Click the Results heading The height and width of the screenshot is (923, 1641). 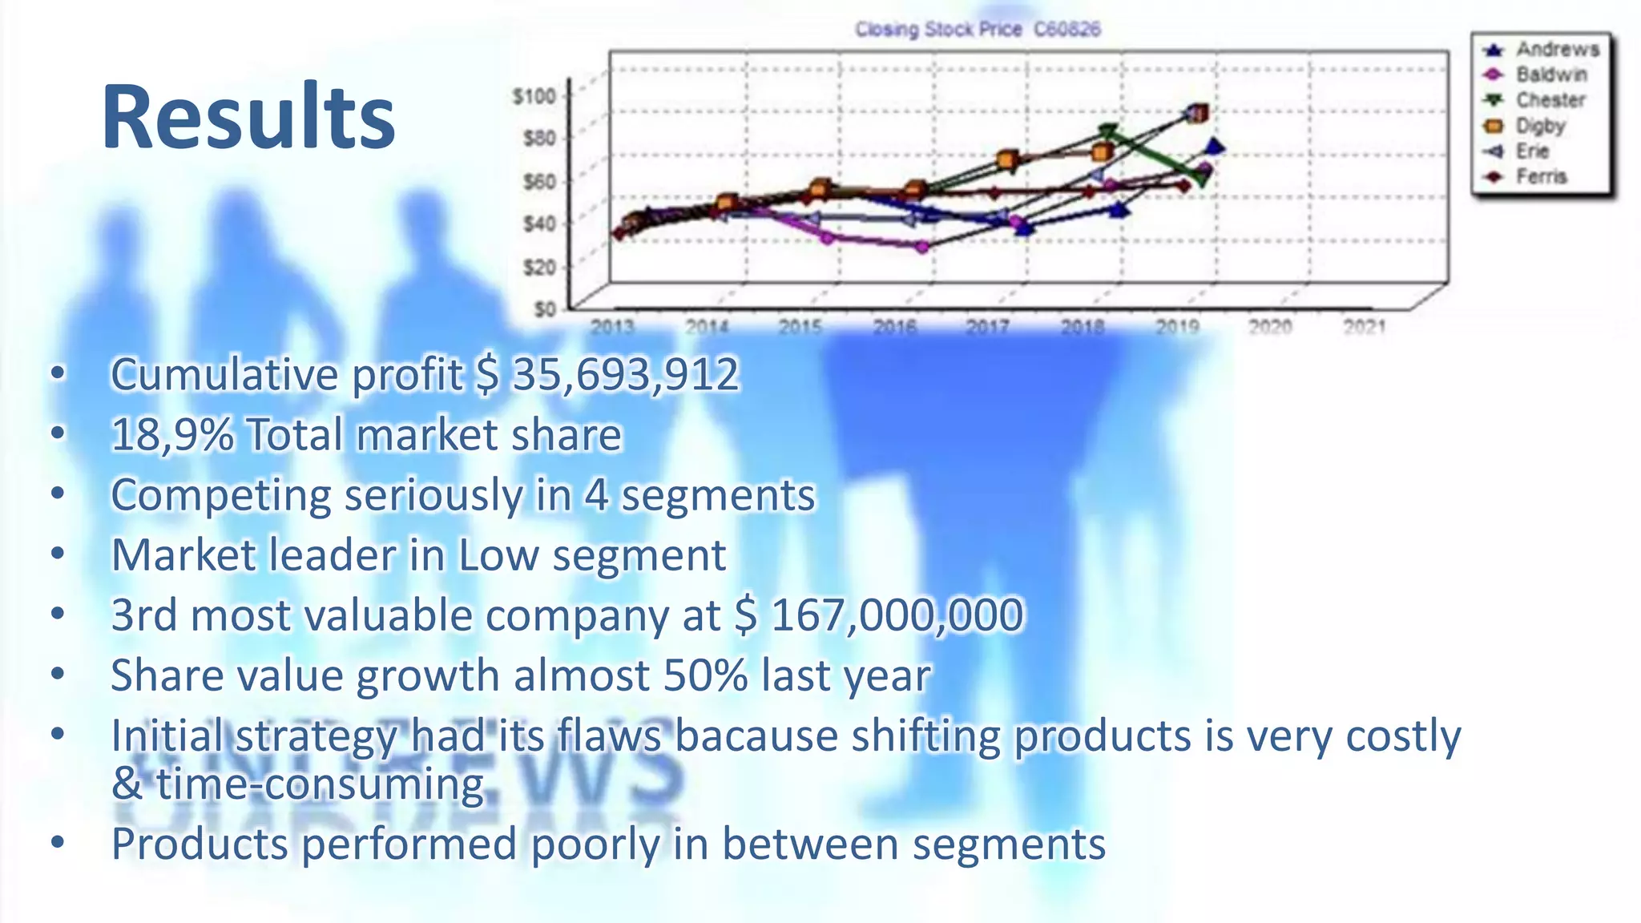click(x=248, y=118)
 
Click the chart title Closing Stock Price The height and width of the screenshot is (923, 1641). click(x=937, y=30)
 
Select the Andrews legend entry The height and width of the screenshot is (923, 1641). click(x=1557, y=50)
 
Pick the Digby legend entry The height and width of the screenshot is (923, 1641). click(x=1539, y=126)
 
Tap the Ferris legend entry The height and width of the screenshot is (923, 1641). click(x=1540, y=177)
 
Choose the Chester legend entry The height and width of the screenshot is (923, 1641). click(x=1550, y=100)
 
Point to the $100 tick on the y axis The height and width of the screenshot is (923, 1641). click(x=534, y=97)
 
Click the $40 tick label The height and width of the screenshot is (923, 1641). click(x=538, y=224)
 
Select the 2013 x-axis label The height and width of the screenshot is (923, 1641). click(x=612, y=327)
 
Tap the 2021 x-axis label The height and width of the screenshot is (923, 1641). click(x=1364, y=327)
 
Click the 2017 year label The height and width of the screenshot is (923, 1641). click(x=987, y=327)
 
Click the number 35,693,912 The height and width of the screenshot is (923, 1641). click(x=625, y=374)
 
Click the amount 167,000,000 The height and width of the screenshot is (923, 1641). click(x=897, y=615)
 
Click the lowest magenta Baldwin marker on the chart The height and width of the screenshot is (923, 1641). click(x=922, y=248)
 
